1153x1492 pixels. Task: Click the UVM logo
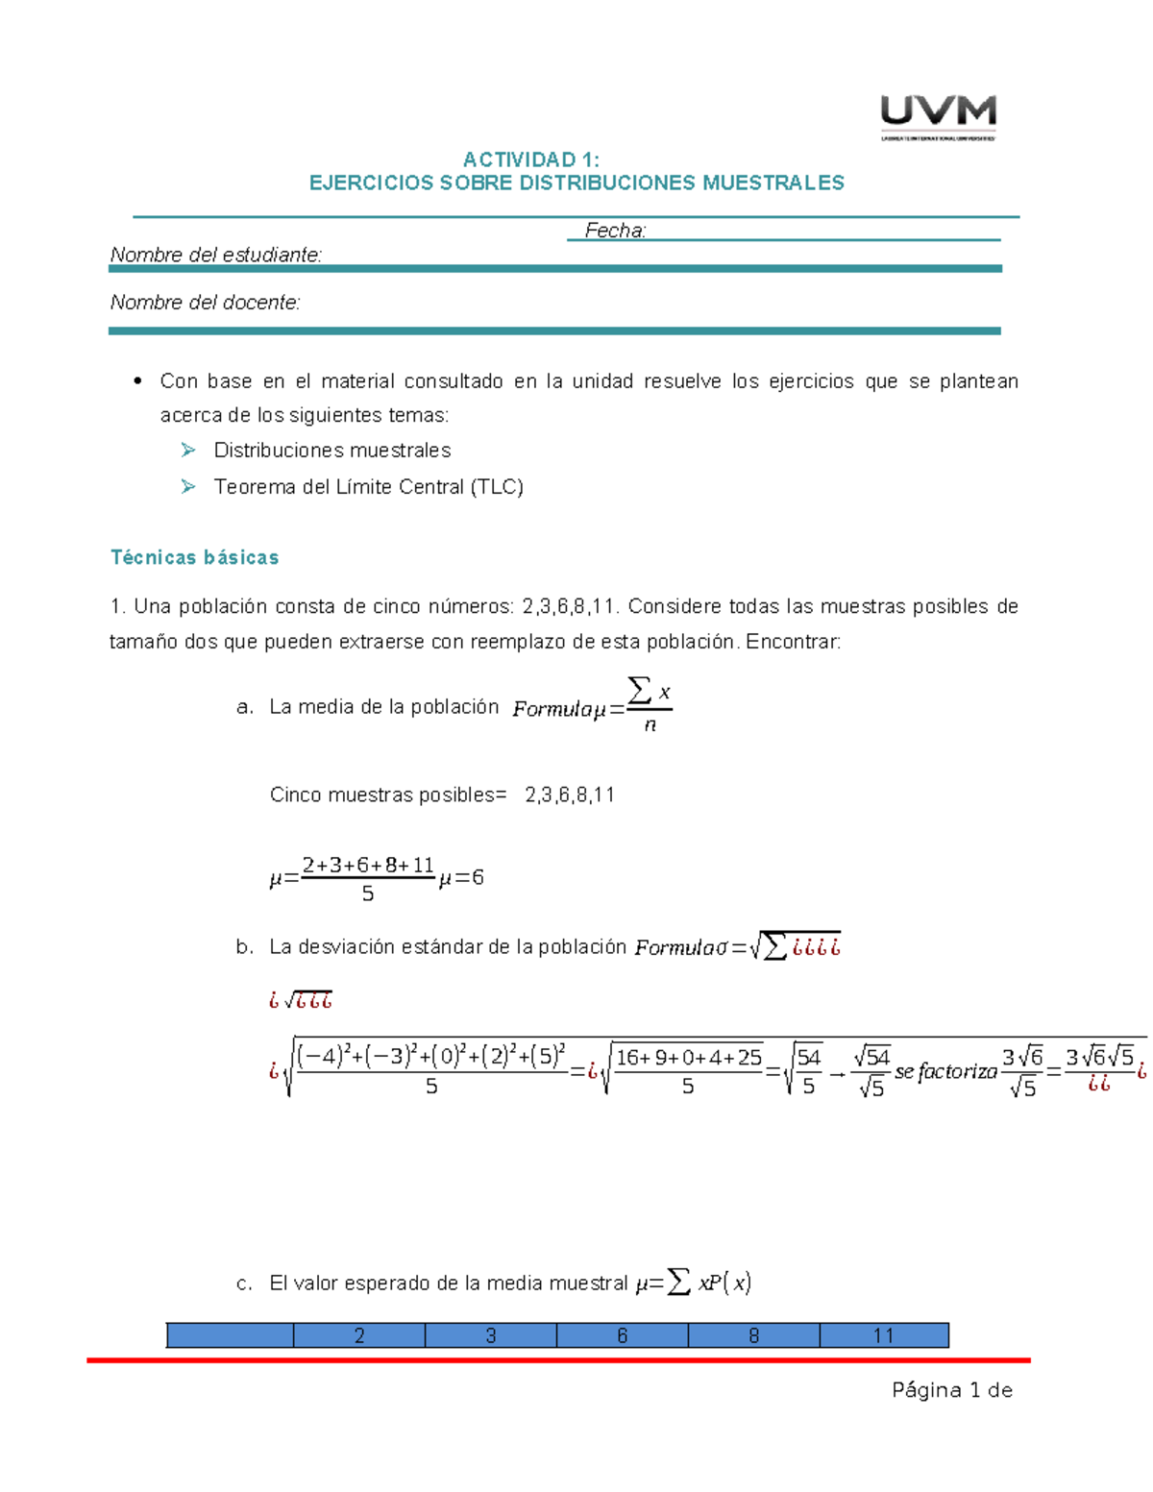point(938,116)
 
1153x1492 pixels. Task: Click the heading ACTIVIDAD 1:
point(530,159)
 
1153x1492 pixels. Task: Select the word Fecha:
point(615,231)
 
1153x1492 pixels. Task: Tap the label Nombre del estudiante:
point(216,255)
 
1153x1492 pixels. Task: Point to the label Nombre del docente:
point(205,303)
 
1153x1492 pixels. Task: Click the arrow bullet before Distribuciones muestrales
point(188,450)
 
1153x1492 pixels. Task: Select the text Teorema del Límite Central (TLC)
point(368,487)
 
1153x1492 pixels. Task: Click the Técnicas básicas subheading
point(194,557)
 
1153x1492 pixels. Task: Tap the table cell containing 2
point(359,1335)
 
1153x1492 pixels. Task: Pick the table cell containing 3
point(491,1335)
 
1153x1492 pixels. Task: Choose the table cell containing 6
point(623,1335)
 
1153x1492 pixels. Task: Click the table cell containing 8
point(754,1335)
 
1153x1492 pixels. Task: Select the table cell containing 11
point(884,1335)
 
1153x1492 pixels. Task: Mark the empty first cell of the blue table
point(230,1335)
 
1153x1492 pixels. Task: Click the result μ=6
point(461,877)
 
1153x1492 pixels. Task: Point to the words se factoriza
point(945,1071)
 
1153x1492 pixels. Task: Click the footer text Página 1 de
point(951,1390)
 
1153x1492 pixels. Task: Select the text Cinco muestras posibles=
point(387,795)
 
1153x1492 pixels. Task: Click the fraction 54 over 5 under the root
point(808,1071)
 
